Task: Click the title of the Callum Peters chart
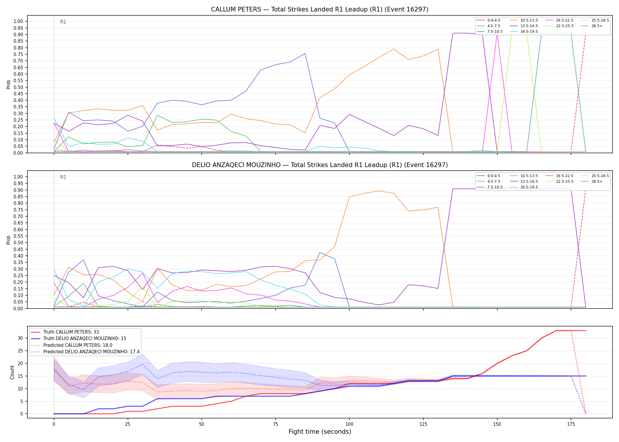click(x=320, y=9)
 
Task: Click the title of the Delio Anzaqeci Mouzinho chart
click(x=320, y=165)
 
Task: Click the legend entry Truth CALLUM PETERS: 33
click(x=65, y=332)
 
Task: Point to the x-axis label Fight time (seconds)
click(x=320, y=432)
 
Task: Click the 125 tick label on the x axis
click(x=423, y=424)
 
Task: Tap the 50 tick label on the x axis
click(x=202, y=424)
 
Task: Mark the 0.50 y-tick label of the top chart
click(x=18, y=87)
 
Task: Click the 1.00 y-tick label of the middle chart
click(x=18, y=177)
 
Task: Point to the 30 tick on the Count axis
click(x=20, y=338)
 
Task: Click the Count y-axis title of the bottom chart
click(x=12, y=372)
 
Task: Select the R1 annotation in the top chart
click(x=63, y=22)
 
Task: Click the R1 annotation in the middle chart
click(x=63, y=177)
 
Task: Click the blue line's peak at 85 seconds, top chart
click(x=305, y=54)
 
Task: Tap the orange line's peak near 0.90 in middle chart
click(x=379, y=191)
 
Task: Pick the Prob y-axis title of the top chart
click(x=9, y=85)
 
